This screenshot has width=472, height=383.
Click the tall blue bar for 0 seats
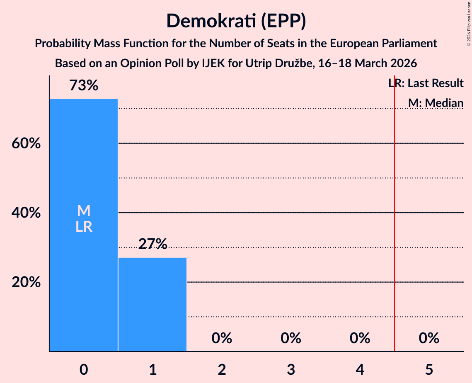coord(83,269)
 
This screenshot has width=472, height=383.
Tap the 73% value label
coord(83,86)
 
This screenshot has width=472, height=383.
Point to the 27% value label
coord(152,244)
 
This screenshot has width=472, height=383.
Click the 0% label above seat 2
coord(222,338)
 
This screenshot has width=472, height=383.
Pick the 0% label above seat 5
coord(429,338)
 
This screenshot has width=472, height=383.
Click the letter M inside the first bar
coord(83,211)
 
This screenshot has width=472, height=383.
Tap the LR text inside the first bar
coord(83,227)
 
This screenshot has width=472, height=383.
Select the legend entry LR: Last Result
coord(426,83)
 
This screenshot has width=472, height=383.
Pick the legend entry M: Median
coord(436,103)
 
